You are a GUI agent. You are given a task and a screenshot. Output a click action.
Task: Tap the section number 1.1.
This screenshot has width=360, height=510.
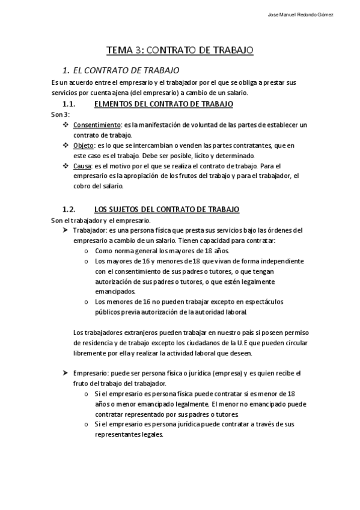(x=71, y=104)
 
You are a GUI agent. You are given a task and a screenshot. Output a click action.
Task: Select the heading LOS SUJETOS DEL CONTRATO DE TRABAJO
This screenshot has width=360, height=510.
(x=167, y=209)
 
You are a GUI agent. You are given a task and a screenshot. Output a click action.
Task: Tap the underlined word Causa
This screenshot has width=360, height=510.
(x=82, y=165)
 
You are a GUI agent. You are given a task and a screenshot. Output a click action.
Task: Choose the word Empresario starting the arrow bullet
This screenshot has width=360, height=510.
(x=90, y=373)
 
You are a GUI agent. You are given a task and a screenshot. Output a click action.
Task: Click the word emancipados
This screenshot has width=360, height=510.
(x=116, y=291)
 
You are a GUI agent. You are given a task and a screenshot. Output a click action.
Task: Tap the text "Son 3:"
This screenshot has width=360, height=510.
(x=60, y=114)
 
